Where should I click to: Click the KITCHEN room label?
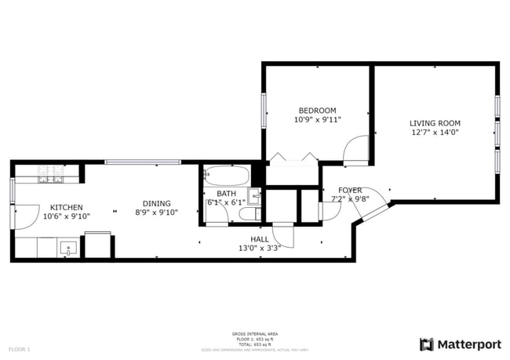pyautogui.click(x=66, y=207)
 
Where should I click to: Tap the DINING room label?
pyautogui.click(x=156, y=203)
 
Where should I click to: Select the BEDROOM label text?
pyautogui.click(x=317, y=111)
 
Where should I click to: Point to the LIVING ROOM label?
pyautogui.click(x=434, y=123)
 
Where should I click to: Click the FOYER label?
pyautogui.click(x=350, y=191)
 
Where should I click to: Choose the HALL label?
pyautogui.click(x=260, y=239)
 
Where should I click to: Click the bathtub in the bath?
pyautogui.click(x=227, y=175)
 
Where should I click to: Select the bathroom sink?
pyautogui.click(x=254, y=195)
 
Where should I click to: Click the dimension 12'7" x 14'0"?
pyautogui.click(x=434, y=133)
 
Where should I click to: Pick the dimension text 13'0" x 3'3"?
pyautogui.click(x=260, y=249)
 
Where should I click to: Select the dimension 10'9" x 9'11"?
pyautogui.click(x=317, y=120)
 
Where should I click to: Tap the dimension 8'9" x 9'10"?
pyautogui.click(x=156, y=213)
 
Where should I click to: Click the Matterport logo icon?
pyautogui.click(x=427, y=344)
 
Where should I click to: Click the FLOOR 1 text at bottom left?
pyautogui.click(x=20, y=349)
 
